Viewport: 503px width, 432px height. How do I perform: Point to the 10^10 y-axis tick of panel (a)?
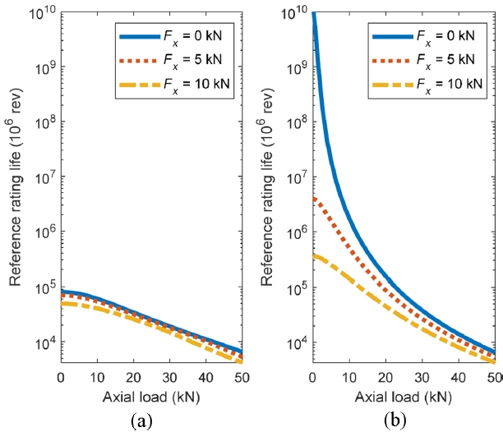point(41,12)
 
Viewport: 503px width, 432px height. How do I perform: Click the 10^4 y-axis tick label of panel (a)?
point(43,342)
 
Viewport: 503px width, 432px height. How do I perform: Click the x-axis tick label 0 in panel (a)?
point(61,376)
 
